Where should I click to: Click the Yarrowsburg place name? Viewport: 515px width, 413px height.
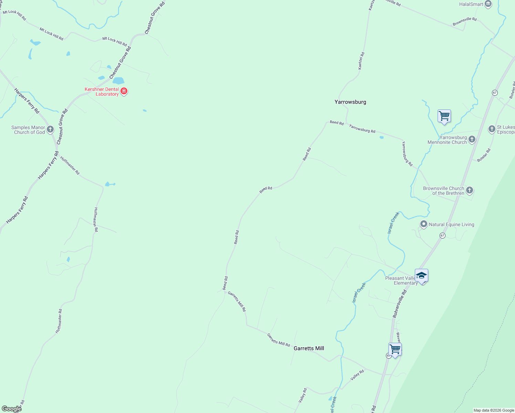coord(350,102)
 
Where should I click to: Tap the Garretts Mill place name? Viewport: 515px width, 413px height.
coord(308,348)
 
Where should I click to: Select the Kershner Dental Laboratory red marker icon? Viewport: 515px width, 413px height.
coord(124,91)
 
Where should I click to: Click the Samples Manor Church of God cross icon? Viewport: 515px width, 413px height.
coord(50,129)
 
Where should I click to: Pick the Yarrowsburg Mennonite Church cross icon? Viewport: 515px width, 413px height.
coord(472,139)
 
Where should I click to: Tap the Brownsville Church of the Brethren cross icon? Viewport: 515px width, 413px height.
coord(469,190)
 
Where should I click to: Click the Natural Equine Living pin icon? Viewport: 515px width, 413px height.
coord(424,224)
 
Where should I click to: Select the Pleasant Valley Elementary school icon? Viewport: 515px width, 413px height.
coord(421,276)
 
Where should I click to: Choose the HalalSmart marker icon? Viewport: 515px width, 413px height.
coord(488,4)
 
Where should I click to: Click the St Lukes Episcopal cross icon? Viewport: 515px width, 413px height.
coord(492,129)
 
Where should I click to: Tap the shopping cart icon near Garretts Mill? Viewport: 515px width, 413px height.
coord(395,349)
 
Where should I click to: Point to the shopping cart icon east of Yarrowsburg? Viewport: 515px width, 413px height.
coord(444,116)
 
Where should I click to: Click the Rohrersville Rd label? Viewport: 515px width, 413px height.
coord(400,304)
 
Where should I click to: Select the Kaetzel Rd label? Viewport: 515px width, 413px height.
coord(361,61)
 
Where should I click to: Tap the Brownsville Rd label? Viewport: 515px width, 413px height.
coord(464,21)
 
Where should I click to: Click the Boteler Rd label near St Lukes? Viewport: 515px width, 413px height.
coord(484,155)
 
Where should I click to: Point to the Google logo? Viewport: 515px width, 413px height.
coord(11,409)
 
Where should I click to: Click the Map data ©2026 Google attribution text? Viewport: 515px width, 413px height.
coord(494,410)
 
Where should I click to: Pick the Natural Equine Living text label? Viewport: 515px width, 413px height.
coord(451,224)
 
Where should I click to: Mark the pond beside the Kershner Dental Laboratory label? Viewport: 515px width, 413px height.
coord(118,81)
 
